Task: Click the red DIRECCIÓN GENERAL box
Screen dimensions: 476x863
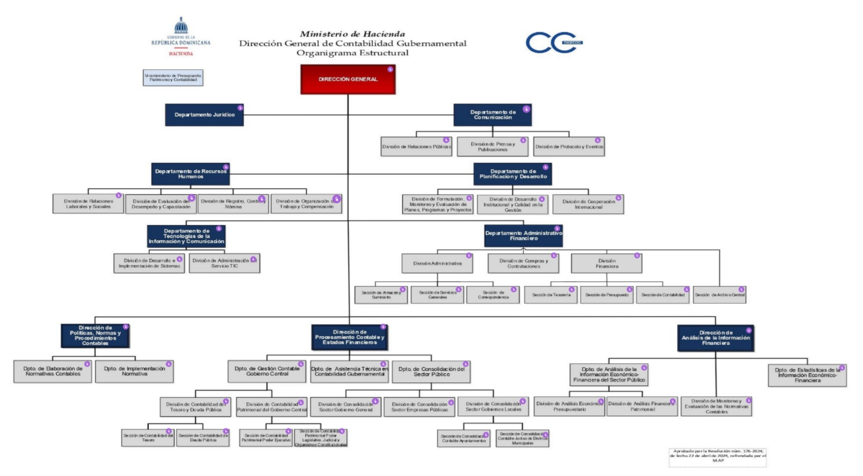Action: coord(348,79)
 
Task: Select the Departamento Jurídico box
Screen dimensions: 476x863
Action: coord(204,114)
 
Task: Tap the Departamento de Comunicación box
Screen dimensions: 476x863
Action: coord(492,115)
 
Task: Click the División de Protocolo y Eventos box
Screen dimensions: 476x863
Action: coord(569,146)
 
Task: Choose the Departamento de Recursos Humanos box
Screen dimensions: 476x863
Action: coord(190,174)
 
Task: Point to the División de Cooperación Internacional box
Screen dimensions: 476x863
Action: coord(588,204)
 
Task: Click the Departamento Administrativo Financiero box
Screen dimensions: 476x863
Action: coord(523,235)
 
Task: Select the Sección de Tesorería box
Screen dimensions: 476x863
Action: coord(551,295)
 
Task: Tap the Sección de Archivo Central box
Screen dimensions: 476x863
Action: coord(720,295)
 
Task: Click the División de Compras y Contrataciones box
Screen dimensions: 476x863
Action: coord(523,263)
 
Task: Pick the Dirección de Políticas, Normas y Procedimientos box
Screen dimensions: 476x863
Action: coord(95,335)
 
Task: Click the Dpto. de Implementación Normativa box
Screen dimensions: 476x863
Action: coord(134,371)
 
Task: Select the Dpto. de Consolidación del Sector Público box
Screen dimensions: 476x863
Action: coord(431,371)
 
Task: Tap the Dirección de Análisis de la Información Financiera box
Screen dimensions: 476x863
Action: coord(715,338)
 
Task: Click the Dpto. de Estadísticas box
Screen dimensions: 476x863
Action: coord(807,375)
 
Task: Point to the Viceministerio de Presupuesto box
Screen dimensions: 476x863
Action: coord(173,77)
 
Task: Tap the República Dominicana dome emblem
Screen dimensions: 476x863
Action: coord(181,26)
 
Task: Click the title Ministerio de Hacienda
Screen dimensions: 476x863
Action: coord(353,34)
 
